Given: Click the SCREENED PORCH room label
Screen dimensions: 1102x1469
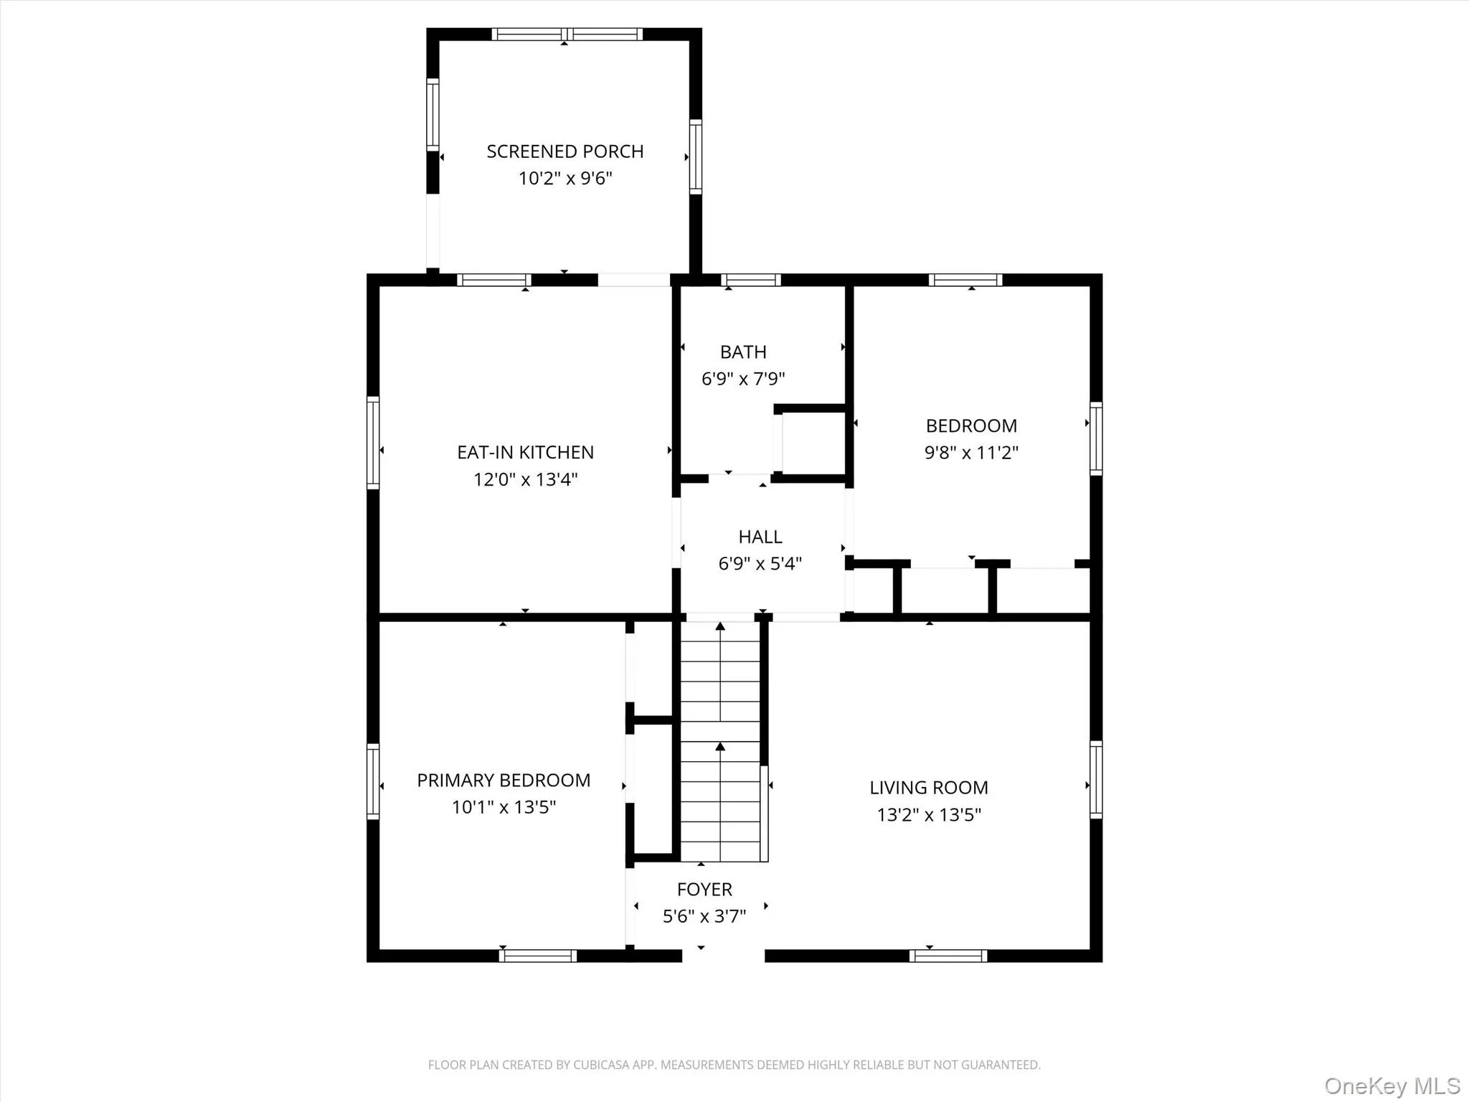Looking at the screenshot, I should (565, 151).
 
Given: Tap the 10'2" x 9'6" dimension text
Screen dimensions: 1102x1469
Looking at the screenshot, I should (565, 178).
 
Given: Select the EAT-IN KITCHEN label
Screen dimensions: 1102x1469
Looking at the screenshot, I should (525, 452).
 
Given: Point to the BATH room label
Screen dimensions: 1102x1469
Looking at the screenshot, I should (743, 352).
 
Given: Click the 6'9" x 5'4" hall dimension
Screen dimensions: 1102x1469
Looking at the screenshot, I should (760, 563).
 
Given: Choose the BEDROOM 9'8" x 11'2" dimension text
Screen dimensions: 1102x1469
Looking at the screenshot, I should (971, 452).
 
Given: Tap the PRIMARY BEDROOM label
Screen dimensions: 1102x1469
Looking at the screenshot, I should (504, 780).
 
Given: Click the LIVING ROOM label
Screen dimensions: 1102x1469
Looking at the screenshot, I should (928, 787).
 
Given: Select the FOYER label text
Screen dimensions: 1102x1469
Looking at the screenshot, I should (704, 889).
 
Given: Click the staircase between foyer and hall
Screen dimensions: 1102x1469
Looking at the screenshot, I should (720, 743).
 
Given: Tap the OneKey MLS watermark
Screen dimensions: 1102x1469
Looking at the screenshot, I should (1392, 1085).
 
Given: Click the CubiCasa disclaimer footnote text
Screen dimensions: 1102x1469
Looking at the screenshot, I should (734, 1065).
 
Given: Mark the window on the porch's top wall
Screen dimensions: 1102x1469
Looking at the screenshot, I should (567, 34).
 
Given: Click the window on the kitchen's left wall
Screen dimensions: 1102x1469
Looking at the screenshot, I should (373, 443).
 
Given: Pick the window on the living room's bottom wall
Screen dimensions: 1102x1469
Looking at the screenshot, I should (948, 956).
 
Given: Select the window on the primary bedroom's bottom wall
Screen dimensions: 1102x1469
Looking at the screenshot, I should (538, 956).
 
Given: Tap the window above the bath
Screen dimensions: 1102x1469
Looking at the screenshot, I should (750, 280).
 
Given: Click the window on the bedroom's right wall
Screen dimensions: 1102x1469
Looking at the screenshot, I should (1096, 438).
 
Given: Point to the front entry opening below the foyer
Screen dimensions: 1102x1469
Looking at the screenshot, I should (723, 956).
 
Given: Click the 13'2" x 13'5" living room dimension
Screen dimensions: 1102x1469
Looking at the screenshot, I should (928, 814).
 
